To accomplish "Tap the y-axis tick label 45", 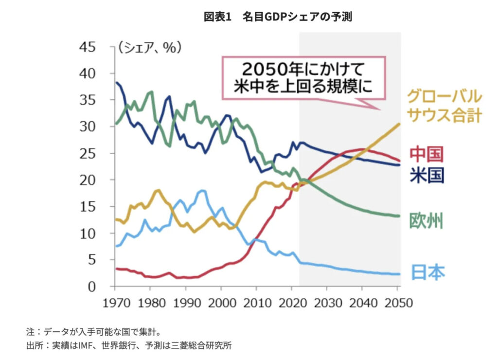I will click(x=89, y=47).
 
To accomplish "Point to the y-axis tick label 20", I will click(x=89, y=180).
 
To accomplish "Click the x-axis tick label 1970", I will click(x=115, y=302).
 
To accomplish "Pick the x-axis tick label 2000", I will click(x=221, y=302).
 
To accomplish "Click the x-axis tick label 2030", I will click(x=326, y=302).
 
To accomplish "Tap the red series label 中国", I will click(x=426, y=154).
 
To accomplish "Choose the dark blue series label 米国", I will click(x=426, y=175).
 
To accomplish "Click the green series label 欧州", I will click(x=426, y=221).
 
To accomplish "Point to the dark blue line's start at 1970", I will click(x=116, y=83).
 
